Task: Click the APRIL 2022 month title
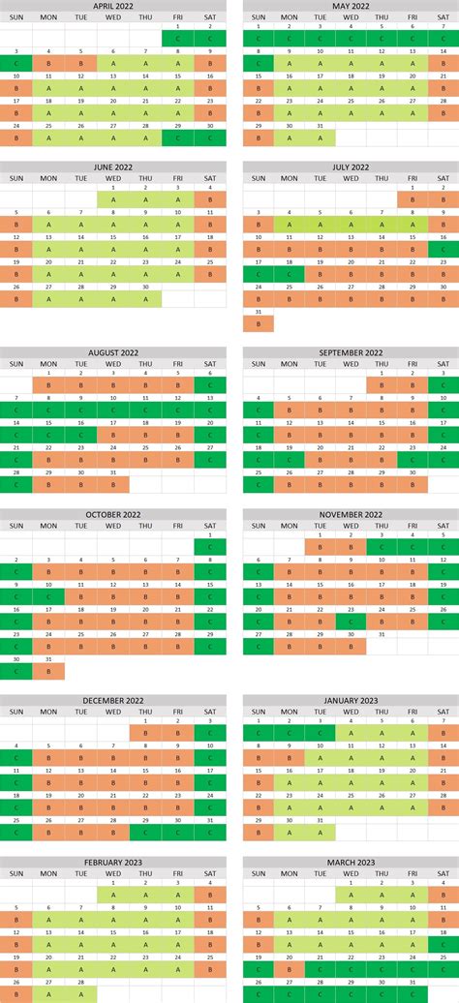coord(113,6)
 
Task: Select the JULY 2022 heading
coord(350,167)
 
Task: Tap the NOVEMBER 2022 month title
coord(350,514)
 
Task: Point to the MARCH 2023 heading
coord(350,862)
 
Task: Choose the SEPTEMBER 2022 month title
coord(350,352)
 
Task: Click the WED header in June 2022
coord(113,178)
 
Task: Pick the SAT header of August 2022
coord(210,363)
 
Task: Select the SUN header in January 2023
coord(259,712)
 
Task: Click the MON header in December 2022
coord(48,712)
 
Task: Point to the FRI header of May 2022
coord(413,17)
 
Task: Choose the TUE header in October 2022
coord(81,526)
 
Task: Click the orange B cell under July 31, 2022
coord(259,323)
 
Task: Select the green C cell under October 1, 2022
coord(210,548)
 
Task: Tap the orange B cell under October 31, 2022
coord(48,671)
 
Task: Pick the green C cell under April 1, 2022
coord(178,39)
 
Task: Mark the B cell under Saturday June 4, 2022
coord(210,200)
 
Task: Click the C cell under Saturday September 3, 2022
coord(444,385)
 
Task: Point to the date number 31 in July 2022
coord(259,312)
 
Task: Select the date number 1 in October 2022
coord(210,535)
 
